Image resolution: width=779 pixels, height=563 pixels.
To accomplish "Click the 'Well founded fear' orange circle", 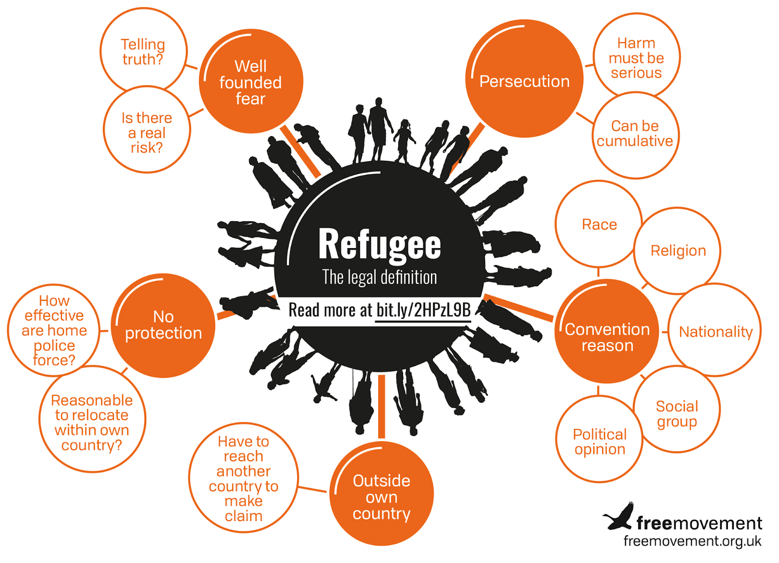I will [251, 81].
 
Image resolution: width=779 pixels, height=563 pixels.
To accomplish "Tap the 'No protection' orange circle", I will [163, 325].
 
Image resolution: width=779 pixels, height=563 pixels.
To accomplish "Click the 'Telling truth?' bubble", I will [143, 51].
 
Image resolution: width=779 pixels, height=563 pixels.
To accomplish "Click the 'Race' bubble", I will [599, 224].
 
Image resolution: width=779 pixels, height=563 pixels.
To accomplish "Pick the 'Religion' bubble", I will [678, 251].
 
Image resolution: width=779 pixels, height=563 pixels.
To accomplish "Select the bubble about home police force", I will [54, 330].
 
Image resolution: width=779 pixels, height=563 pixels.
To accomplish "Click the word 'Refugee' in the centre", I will [379, 244].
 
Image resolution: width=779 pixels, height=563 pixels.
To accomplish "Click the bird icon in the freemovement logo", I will [619, 517].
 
